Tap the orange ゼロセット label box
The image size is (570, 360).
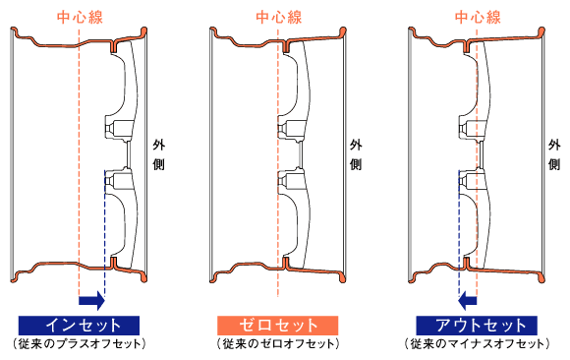click(x=278, y=325)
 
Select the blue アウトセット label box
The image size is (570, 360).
click(x=478, y=325)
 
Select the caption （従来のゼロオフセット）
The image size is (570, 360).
click(x=278, y=345)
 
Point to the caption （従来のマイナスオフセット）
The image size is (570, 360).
click(x=478, y=345)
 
